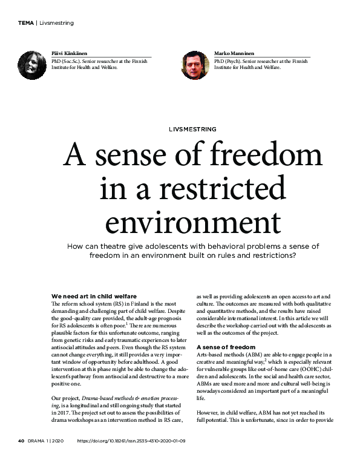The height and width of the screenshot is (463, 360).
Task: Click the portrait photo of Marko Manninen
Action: (194, 65)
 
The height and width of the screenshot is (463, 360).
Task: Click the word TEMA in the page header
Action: (25, 23)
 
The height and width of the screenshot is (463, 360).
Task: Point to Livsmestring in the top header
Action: (56, 23)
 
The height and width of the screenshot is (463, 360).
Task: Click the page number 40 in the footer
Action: (20, 441)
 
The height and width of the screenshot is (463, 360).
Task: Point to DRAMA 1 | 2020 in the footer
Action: (48, 441)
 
